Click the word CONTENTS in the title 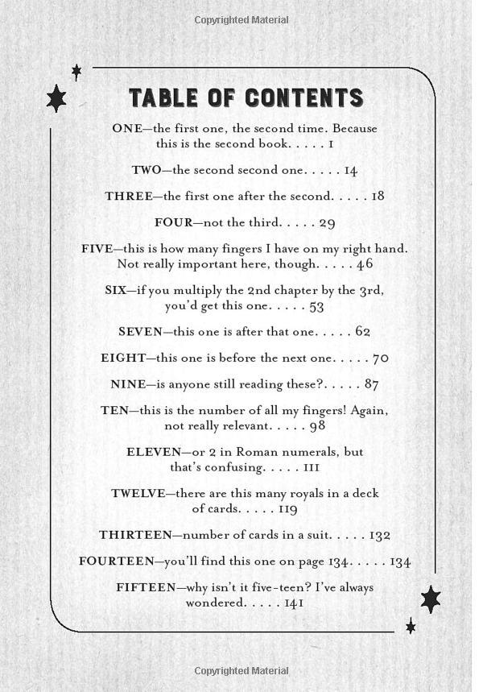304,98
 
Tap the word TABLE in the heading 163,98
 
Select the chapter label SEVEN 140,331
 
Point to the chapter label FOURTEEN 116,561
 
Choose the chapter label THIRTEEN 135,535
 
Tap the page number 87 370,384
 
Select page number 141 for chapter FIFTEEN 294,603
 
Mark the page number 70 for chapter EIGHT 380,358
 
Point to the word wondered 216,603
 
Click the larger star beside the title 56,99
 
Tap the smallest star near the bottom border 411,626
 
